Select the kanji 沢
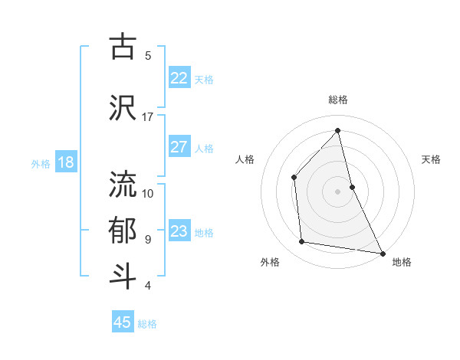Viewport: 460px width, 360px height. [123, 108]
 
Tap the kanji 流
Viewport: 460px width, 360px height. [123, 185]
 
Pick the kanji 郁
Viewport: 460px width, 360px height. [123, 231]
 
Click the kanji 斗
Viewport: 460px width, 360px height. [123, 277]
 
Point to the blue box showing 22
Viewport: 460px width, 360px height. [179, 77]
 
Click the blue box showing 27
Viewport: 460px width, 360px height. [179, 147]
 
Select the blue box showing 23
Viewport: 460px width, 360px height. [179, 231]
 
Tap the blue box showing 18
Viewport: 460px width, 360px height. [65, 162]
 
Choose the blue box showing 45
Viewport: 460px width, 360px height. [123, 322]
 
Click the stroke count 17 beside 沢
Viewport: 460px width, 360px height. [148, 117]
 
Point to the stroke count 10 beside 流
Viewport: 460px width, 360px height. [148, 193]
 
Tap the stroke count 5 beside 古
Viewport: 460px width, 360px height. [148, 55]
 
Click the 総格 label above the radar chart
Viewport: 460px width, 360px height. [337, 100]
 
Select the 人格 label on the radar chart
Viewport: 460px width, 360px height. [245, 159]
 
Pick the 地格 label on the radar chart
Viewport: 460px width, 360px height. [402, 262]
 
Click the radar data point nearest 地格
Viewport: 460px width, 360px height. [382, 253]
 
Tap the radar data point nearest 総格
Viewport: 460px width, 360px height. [337, 130]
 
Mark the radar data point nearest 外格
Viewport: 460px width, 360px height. [302, 242]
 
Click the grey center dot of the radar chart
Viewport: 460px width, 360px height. [337, 191]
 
